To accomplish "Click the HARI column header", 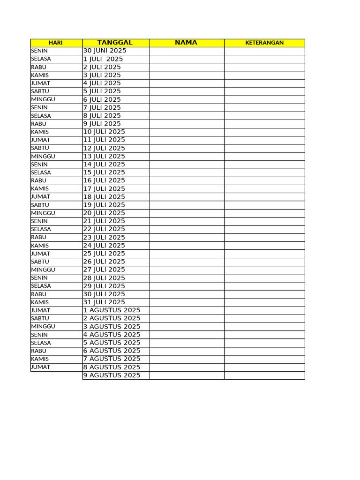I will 56,43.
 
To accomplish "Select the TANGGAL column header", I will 115,43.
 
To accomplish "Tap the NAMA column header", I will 186,43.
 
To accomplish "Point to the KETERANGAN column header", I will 264,43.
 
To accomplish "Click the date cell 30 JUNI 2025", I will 105,51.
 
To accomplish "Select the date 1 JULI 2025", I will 103,59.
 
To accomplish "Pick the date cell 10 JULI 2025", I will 104,132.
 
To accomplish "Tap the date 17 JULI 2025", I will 104,189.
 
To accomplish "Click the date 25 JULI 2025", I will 104,254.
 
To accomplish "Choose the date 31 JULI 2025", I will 104,302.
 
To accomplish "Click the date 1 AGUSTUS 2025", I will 112,310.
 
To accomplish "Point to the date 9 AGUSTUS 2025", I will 112,375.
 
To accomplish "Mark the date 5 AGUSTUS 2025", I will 112,343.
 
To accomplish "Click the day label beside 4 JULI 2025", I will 41,83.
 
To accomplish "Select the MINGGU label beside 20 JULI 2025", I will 43,213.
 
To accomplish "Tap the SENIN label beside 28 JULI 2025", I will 39,278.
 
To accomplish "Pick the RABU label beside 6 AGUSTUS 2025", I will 39,351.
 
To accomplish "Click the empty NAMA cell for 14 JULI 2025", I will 187,164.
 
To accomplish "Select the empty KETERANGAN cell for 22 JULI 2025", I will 264,229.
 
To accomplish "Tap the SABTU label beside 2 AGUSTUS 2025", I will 40,318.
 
